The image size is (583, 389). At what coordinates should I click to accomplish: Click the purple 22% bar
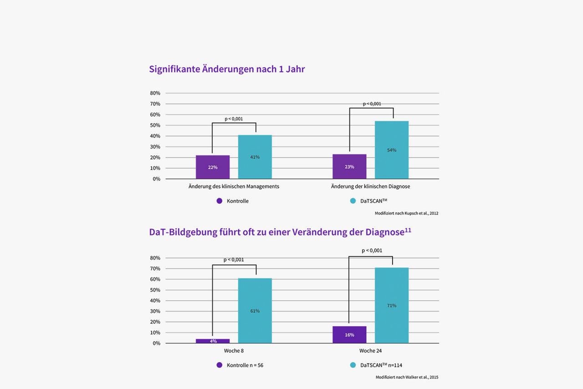[x=213, y=167]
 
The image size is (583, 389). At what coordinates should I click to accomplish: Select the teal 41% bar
[x=255, y=157]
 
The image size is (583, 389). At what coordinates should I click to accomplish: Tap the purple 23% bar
[x=349, y=166]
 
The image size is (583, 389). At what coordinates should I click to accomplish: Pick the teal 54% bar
[x=391, y=150]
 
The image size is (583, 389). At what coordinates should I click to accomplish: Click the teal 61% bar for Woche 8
[x=255, y=311]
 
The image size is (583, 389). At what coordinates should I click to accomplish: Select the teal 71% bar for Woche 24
[x=391, y=305]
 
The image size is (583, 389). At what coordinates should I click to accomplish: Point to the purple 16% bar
[x=349, y=334]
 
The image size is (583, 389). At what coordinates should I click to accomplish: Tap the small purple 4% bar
[x=213, y=341]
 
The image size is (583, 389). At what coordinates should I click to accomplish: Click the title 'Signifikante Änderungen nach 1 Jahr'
[x=227, y=69]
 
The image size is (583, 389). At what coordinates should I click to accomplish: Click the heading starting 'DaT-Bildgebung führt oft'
[x=280, y=232]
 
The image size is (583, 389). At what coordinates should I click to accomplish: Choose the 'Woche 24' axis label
[x=370, y=351]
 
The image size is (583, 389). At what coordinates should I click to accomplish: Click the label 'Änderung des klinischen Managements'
[x=234, y=186]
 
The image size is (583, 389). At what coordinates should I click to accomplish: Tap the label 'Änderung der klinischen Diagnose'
[x=370, y=186]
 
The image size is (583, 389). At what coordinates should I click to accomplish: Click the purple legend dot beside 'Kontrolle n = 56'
[x=219, y=365]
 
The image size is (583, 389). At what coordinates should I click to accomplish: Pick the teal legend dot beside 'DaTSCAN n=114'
[x=353, y=365]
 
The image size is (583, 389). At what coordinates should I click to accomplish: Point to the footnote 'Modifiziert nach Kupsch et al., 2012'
[x=406, y=213]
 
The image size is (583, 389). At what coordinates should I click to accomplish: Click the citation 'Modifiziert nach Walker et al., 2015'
[x=407, y=377]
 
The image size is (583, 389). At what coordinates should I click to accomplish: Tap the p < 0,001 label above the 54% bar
[x=372, y=104]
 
